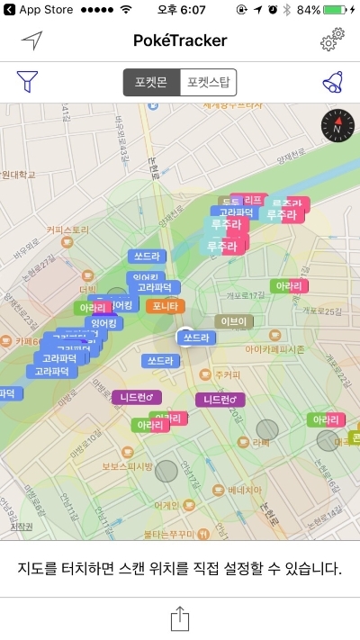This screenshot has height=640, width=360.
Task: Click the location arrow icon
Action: (32, 41)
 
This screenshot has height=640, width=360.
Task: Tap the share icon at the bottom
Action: (180, 619)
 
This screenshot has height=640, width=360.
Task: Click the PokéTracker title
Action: (180, 41)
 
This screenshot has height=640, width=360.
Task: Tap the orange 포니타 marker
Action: (166, 306)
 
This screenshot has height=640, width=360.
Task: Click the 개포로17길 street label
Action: (246, 293)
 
